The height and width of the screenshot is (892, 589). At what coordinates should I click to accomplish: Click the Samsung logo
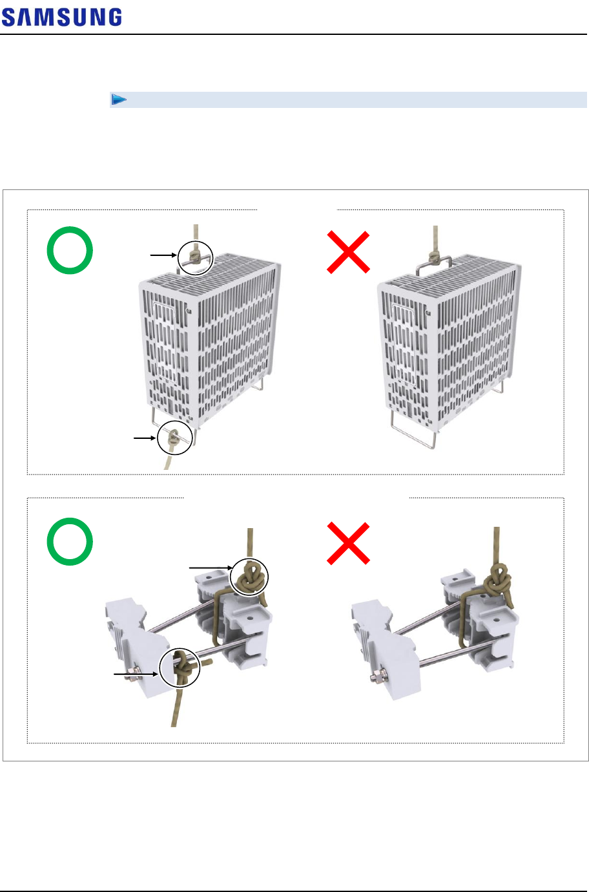62,17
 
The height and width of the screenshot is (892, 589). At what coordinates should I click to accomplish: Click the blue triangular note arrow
119,99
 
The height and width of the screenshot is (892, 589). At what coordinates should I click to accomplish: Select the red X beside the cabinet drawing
348,252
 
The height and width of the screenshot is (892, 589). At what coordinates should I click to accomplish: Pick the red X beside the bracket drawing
348,544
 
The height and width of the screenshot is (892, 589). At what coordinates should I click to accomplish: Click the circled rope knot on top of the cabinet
195,258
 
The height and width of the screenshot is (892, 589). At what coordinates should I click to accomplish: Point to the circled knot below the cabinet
175,438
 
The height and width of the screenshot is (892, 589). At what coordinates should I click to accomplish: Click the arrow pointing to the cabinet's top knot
163,255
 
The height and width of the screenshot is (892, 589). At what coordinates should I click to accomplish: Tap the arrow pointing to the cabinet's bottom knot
145,438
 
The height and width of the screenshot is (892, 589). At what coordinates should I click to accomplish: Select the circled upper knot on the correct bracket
249,577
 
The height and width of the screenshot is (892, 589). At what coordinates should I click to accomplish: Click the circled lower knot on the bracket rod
180,668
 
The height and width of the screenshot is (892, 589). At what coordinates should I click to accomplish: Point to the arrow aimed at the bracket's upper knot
211,568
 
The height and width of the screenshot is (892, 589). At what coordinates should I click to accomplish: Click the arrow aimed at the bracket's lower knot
136,674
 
